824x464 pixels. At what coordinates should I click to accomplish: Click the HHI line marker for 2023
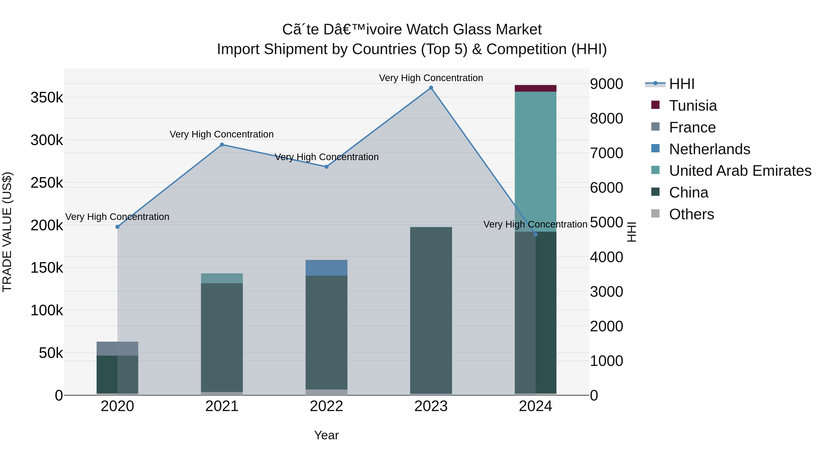[431, 88]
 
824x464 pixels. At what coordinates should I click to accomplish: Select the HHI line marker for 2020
[117, 227]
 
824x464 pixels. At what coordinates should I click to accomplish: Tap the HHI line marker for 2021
[222, 145]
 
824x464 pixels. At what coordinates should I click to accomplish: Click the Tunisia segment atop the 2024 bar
[535, 88]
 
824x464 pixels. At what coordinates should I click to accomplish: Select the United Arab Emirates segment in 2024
[535, 160]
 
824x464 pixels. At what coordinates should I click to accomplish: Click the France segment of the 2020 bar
[117, 348]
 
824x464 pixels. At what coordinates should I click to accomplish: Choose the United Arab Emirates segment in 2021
[222, 278]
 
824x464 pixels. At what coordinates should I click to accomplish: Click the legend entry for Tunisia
[693, 106]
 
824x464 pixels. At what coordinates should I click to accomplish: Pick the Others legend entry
[691, 214]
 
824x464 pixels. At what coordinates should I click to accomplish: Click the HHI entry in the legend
[681, 84]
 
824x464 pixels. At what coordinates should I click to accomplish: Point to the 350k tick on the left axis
[47, 97]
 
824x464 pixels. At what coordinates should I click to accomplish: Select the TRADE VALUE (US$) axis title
[7, 232]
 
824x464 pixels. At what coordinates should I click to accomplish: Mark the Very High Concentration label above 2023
[431, 78]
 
